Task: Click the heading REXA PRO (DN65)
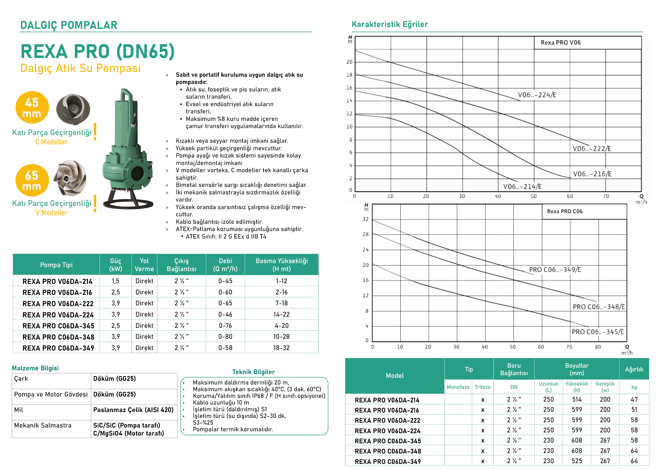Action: pyautogui.click(x=98, y=51)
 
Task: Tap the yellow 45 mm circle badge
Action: pyautogui.click(x=32, y=107)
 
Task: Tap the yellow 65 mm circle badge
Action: pyautogui.click(x=32, y=180)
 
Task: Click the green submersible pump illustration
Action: pyautogui.click(x=128, y=150)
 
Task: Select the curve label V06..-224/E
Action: pyautogui.click(x=537, y=95)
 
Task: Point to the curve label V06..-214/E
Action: pyautogui.click(x=522, y=187)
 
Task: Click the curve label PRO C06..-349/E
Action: pyautogui.click(x=555, y=270)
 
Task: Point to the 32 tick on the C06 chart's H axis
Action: pyautogui.click(x=365, y=219)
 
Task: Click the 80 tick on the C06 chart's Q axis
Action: pyautogui.click(x=598, y=347)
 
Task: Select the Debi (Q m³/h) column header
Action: pyautogui.click(x=225, y=265)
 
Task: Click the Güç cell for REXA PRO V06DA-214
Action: pyautogui.click(x=115, y=281)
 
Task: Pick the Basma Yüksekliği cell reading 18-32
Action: pyautogui.click(x=282, y=348)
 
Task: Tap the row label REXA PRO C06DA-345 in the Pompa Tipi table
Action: pyautogui.click(x=58, y=326)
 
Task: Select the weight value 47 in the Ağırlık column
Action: pyautogui.click(x=634, y=399)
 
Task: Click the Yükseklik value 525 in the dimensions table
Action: pyautogui.click(x=577, y=461)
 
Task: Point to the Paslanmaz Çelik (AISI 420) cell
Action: pyautogui.click(x=133, y=410)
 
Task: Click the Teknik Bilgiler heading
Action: pyautogui.click(x=253, y=372)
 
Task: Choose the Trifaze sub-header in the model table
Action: pyautogui.click(x=483, y=387)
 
